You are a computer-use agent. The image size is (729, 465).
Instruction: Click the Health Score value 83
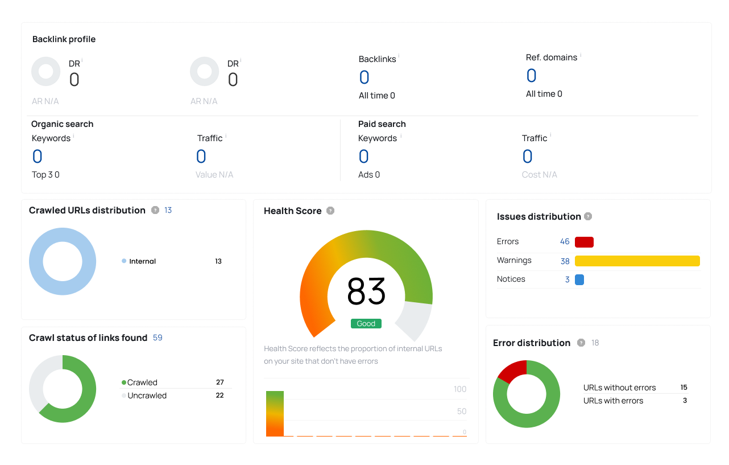click(366, 291)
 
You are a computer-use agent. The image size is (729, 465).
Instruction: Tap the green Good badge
click(366, 323)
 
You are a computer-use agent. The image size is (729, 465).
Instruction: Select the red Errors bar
click(584, 242)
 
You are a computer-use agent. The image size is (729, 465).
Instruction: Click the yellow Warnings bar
click(637, 261)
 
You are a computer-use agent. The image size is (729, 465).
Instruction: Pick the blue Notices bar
click(579, 279)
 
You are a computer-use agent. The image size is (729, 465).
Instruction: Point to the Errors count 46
click(565, 242)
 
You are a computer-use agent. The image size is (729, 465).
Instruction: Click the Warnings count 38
click(565, 261)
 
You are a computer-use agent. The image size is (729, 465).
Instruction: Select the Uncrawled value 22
click(219, 396)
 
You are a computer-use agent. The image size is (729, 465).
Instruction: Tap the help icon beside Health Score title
click(330, 211)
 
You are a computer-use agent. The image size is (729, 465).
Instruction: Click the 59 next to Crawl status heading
click(158, 338)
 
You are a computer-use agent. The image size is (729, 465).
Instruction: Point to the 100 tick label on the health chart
click(460, 389)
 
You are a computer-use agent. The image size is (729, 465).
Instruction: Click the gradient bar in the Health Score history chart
click(275, 414)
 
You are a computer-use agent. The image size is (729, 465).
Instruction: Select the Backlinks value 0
click(364, 77)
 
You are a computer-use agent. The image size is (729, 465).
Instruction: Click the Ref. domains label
click(552, 57)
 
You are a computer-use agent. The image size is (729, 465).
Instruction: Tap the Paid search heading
click(382, 124)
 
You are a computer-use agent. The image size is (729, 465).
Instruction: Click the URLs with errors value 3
click(685, 401)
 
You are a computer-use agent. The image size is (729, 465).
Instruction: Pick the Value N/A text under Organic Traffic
click(214, 175)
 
